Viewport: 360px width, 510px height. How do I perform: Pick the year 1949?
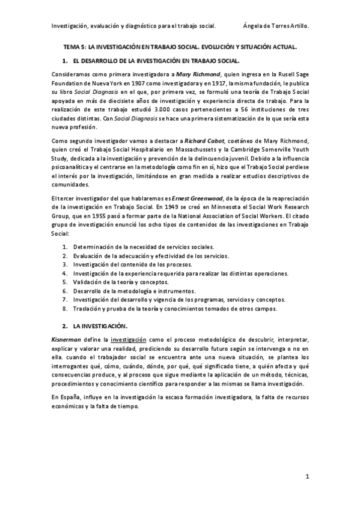point(163,207)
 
